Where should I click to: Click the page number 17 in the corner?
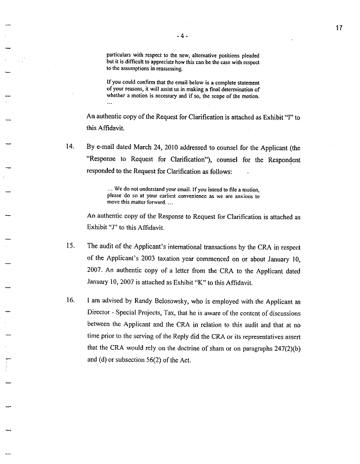click(x=340, y=27)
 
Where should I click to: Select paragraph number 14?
click(x=70, y=148)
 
